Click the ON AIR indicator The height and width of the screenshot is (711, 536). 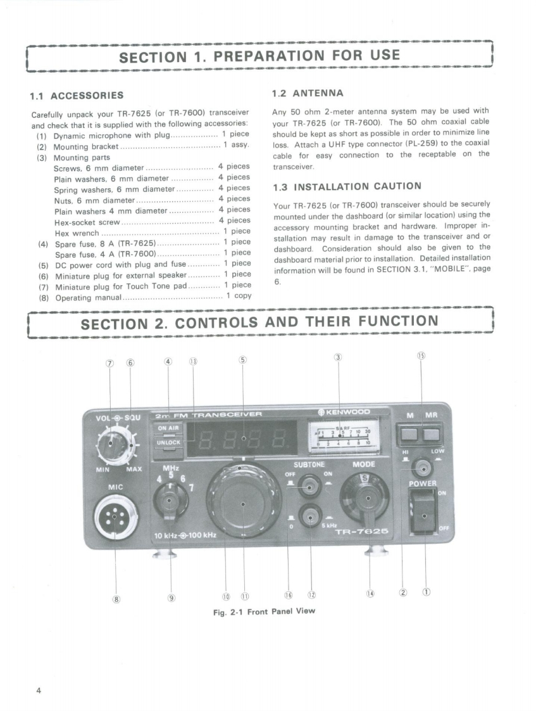[168, 428]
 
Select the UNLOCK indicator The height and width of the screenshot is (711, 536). [168, 442]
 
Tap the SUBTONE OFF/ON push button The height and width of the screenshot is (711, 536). [309, 486]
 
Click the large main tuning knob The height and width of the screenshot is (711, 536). [242, 503]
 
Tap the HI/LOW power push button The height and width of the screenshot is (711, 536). [421, 468]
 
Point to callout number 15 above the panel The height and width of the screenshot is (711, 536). [421, 355]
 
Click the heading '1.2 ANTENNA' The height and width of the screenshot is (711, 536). [307, 93]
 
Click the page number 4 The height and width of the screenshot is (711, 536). [40, 690]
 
